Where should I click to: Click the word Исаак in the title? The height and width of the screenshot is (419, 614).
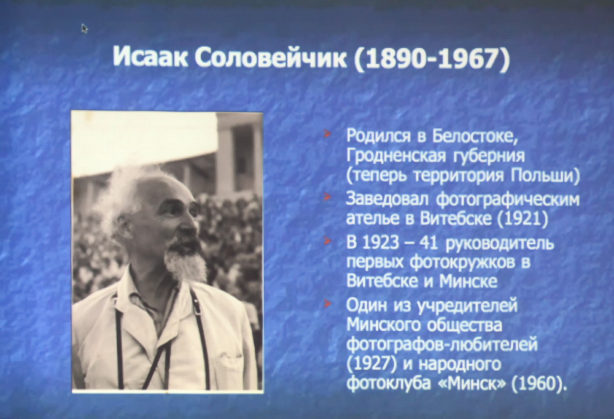tap(149, 58)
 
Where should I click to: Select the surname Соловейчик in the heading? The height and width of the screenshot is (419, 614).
tap(271, 58)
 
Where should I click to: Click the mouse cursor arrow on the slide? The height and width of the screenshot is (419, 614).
tap(84, 28)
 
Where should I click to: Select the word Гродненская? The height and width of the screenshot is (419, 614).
tap(396, 156)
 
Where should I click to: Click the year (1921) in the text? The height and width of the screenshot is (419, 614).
tap(523, 218)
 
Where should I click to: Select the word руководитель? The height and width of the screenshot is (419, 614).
tap(500, 244)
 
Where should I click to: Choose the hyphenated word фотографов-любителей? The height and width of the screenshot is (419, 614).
tap(442, 345)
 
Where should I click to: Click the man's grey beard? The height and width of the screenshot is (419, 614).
tap(185, 260)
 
